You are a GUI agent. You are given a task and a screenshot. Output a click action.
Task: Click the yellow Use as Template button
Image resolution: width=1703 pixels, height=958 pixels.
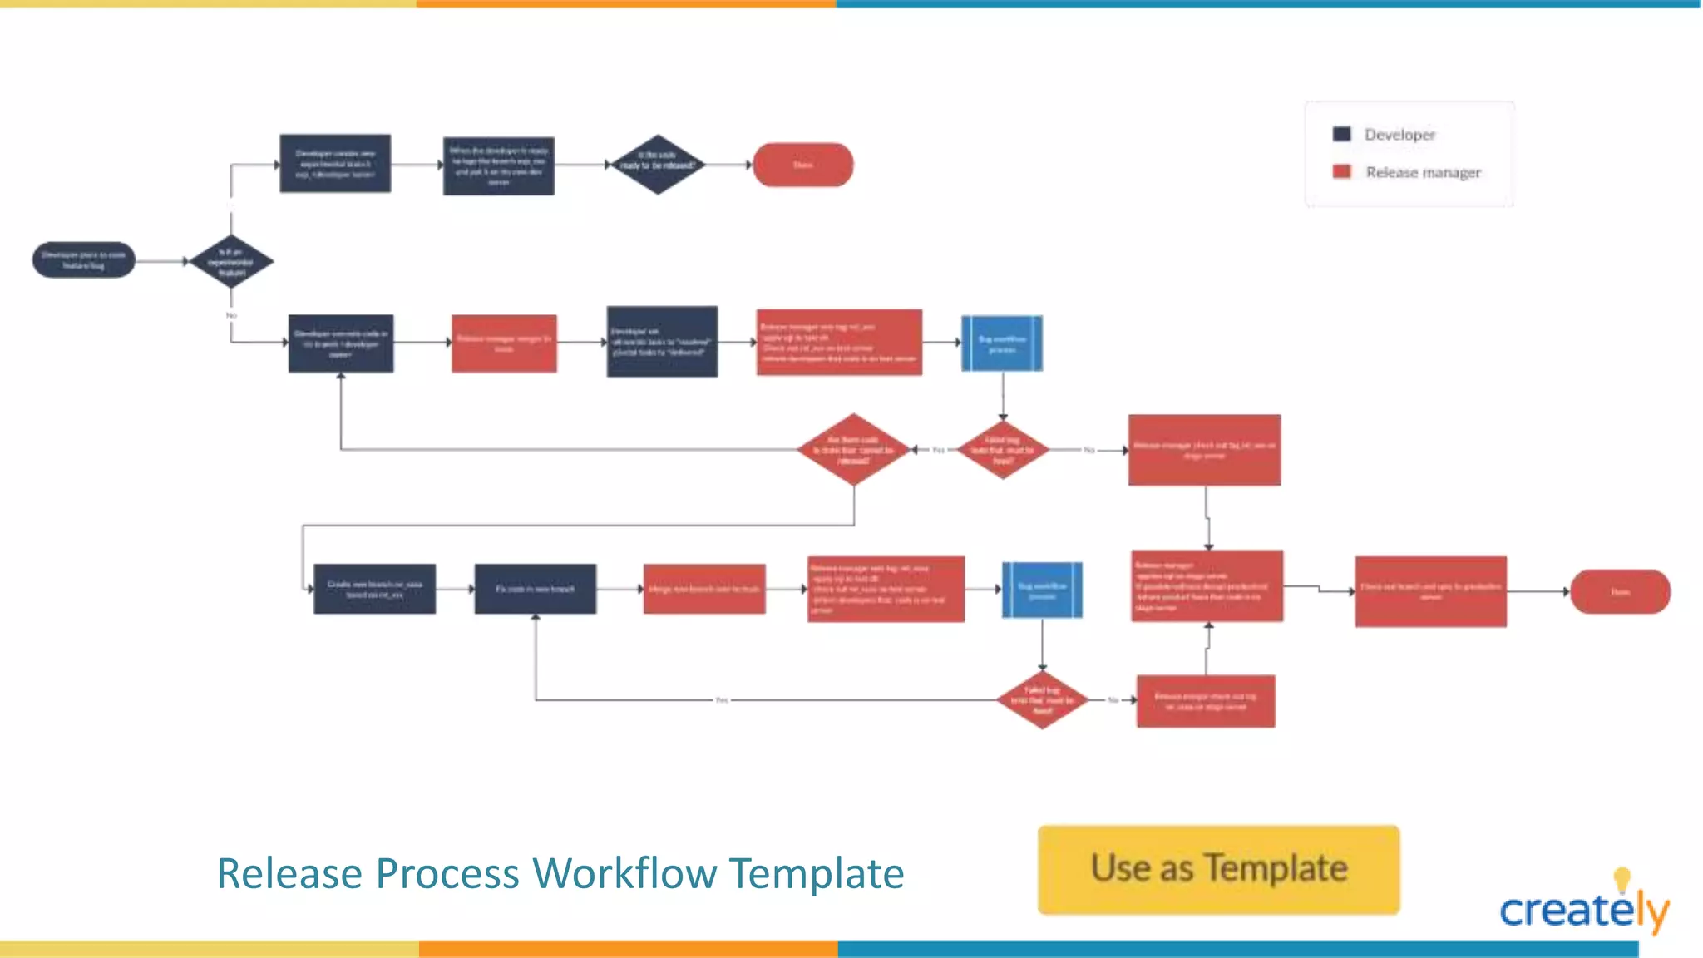1218,869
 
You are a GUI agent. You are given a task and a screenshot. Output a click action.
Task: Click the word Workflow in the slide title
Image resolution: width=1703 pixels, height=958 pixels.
624,873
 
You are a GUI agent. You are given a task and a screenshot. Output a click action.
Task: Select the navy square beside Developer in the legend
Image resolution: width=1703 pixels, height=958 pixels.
1341,134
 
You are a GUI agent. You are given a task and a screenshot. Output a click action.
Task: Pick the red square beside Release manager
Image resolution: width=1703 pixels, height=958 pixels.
1341,171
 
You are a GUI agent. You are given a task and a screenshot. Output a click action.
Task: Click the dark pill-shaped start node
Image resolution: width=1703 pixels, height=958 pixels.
83,260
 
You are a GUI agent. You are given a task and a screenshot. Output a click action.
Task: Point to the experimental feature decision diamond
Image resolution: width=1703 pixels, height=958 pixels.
231,261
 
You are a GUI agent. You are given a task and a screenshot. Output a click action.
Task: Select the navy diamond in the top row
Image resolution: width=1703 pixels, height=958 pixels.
657,165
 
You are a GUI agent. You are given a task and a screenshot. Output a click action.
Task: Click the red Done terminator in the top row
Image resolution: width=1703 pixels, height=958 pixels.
802,165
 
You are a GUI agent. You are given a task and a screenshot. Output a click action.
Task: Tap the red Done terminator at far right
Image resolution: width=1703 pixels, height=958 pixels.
1619,591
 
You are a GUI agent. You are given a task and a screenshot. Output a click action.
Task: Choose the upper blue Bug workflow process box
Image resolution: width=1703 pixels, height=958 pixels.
1001,343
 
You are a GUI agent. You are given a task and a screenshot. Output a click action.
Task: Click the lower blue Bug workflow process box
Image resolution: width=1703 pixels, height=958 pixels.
1042,590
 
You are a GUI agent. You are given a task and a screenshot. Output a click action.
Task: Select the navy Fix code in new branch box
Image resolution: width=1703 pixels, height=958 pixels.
535,589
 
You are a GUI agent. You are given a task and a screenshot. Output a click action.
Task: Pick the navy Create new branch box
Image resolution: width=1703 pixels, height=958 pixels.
374,589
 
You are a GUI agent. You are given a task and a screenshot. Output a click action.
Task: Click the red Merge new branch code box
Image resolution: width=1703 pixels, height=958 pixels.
704,589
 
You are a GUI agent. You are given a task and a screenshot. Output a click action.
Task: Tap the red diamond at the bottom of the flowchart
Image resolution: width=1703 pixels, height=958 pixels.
1042,700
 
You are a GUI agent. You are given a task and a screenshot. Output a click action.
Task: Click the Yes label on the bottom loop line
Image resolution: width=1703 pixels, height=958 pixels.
721,700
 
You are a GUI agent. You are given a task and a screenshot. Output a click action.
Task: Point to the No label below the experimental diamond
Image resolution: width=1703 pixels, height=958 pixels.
231,315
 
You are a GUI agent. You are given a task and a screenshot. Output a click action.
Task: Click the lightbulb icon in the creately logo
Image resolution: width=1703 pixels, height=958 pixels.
1622,878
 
